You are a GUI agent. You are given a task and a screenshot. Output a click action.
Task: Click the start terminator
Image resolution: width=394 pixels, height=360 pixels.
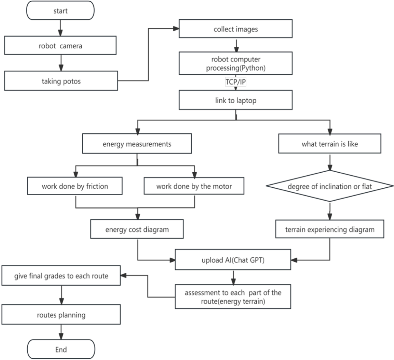(60, 10)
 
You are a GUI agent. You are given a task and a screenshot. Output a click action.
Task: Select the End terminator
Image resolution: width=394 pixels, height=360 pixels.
(60, 349)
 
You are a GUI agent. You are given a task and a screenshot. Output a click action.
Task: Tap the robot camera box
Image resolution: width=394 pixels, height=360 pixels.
(60, 46)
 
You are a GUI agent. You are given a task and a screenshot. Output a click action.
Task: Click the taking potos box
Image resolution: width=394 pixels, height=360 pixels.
(60, 81)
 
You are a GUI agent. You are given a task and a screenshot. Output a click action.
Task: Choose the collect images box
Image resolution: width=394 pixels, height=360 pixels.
(235, 29)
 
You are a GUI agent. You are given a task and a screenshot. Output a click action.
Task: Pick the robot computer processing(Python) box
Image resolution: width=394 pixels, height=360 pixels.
(235, 63)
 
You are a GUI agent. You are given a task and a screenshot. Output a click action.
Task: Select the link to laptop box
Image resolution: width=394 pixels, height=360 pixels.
(235, 101)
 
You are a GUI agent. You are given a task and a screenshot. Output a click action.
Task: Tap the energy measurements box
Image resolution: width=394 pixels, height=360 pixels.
(137, 144)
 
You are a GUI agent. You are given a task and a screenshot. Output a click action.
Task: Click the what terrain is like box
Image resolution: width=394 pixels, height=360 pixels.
(329, 144)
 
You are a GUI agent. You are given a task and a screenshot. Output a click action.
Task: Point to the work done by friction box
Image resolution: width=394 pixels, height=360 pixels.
(75, 186)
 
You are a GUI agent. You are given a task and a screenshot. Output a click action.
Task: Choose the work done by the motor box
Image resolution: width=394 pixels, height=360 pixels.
(194, 186)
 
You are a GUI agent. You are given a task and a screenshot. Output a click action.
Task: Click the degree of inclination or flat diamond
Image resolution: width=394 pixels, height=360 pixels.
(329, 187)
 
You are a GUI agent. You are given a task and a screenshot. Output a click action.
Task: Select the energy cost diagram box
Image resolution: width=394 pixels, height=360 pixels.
(137, 229)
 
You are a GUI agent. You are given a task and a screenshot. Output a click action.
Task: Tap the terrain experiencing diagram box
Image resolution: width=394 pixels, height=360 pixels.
(329, 229)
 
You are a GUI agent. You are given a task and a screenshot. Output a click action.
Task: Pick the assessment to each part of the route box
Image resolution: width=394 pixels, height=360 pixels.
(233, 297)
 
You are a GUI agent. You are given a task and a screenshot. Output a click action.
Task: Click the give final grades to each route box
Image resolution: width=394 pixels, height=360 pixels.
(61, 276)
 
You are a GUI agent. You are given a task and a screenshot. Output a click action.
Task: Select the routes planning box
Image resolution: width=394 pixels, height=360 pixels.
(61, 314)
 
